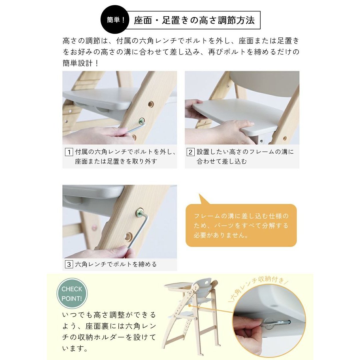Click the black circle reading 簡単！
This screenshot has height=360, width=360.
(115, 20)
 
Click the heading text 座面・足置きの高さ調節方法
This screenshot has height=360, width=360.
(194, 20)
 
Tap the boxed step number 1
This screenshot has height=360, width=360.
(69, 152)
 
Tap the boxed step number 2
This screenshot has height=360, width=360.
(190, 152)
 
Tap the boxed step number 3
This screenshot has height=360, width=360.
(69, 264)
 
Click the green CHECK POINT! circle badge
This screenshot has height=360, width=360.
(72, 294)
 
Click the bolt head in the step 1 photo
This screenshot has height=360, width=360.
(142, 121)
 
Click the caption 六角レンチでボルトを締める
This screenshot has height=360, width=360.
(116, 264)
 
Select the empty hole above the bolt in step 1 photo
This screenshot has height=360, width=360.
(151, 104)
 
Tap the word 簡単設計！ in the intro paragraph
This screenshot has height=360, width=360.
(80, 63)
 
